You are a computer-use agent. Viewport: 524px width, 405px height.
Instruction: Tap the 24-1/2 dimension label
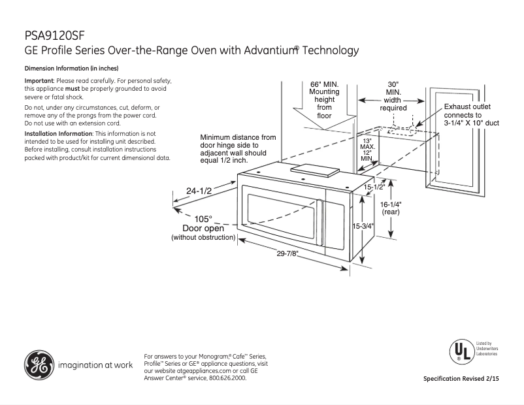tap(199, 191)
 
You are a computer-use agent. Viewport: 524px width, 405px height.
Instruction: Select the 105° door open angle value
tap(203, 219)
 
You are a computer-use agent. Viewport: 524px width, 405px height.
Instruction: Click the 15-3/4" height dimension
tap(363, 226)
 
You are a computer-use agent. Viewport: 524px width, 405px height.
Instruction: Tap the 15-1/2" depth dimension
tap(374, 187)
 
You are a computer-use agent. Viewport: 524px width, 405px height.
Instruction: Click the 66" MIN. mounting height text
tap(325, 85)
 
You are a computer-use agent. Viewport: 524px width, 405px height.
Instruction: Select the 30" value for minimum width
tap(393, 85)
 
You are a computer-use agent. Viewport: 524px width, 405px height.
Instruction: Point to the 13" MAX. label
tap(367, 144)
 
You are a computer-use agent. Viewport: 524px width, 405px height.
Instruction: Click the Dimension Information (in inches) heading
tap(71, 69)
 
